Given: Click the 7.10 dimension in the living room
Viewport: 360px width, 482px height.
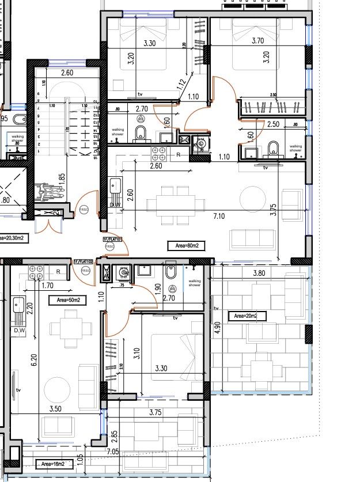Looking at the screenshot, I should (x=218, y=216).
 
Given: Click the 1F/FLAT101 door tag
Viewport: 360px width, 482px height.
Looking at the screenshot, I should (x=113, y=238).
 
